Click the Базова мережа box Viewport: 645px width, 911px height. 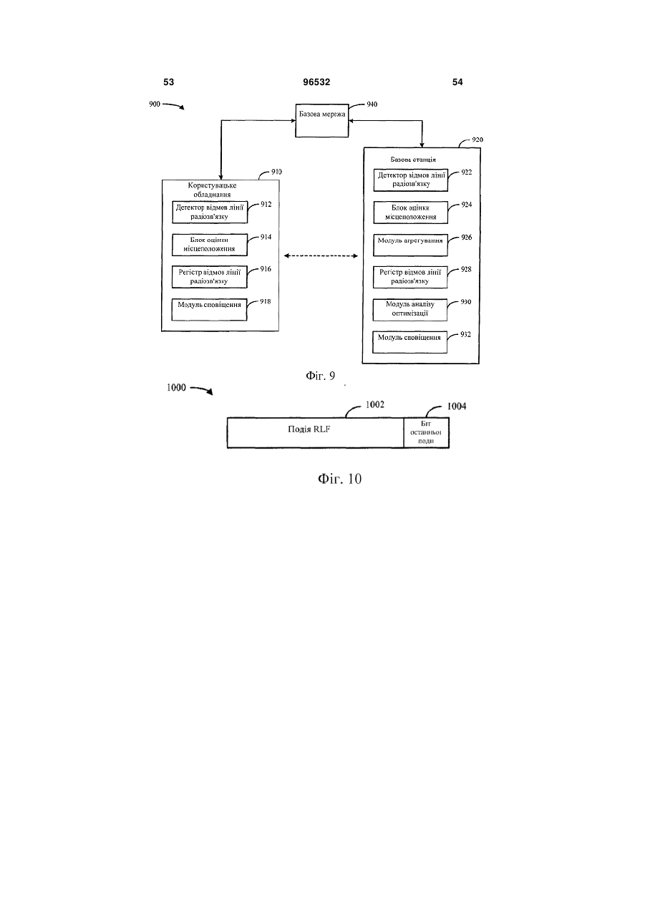pyautogui.click(x=321, y=120)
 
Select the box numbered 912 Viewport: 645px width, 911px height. pyautogui.click(x=210, y=212)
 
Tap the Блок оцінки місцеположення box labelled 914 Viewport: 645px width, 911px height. pyautogui.click(x=210, y=245)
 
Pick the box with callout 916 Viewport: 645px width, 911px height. pyautogui.click(x=209, y=277)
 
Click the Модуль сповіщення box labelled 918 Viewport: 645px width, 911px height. pyautogui.click(x=209, y=309)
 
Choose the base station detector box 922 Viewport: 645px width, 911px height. pyautogui.click(x=411, y=180)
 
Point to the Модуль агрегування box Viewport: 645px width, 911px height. pyautogui.click(x=410, y=245)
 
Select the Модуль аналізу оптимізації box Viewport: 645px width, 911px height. pyautogui.click(x=409, y=310)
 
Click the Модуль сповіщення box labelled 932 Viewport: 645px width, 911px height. pyautogui.click(x=409, y=343)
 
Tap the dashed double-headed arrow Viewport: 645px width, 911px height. pyautogui.click(x=321, y=255)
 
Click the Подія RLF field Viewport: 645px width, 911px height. pyautogui.click(x=316, y=433)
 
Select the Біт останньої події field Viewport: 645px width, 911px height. pyautogui.click(x=427, y=433)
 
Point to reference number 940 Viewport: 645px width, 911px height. pyautogui.click(x=372, y=104)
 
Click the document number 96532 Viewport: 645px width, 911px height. pyautogui.click(x=316, y=82)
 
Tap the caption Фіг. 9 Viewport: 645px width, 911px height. pyautogui.click(x=320, y=376)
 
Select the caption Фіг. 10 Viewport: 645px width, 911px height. pyautogui.click(x=339, y=479)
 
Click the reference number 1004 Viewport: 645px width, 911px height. pyautogui.click(x=457, y=406)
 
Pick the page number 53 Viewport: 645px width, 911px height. pyautogui.click(x=168, y=82)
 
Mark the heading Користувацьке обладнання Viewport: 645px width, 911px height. pyautogui.click(x=212, y=190)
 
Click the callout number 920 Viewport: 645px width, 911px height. pyautogui.click(x=477, y=140)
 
